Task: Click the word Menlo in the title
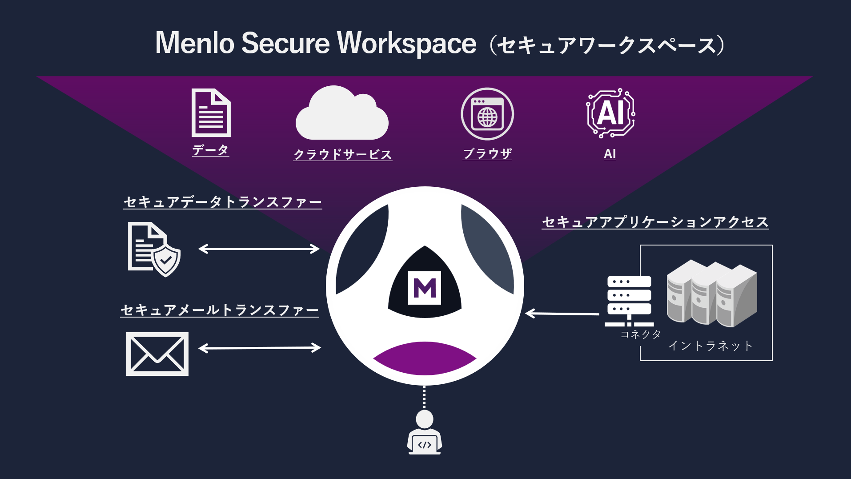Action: point(194,43)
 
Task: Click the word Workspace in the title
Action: point(406,43)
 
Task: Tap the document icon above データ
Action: point(211,113)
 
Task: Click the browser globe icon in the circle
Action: point(487,114)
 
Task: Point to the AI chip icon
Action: point(610,113)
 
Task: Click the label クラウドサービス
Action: point(342,154)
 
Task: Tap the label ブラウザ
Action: point(487,153)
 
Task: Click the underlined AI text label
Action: point(610,154)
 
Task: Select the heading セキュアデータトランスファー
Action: point(222,202)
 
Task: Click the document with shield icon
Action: point(153,249)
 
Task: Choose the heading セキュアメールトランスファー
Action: point(220,310)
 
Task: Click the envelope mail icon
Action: point(157,354)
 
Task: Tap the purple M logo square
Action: point(425,288)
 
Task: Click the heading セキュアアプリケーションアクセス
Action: point(655,222)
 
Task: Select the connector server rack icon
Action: point(629,301)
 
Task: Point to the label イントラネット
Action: point(710,346)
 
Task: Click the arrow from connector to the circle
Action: point(562,314)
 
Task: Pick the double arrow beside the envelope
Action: point(260,348)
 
